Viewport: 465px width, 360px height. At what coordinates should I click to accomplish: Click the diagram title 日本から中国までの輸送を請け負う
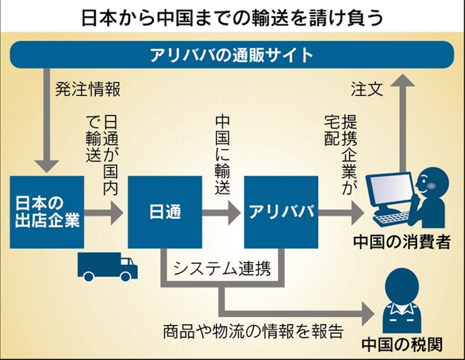click(232, 16)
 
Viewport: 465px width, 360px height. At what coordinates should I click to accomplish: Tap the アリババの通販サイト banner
click(232, 55)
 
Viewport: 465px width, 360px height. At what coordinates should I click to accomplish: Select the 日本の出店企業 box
click(46, 211)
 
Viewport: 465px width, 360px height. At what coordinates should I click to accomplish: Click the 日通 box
click(165, 211)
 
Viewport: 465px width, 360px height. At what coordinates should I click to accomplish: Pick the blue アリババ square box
click(281, 211)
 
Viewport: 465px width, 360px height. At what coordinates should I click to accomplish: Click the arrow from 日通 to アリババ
click(223, 211)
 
